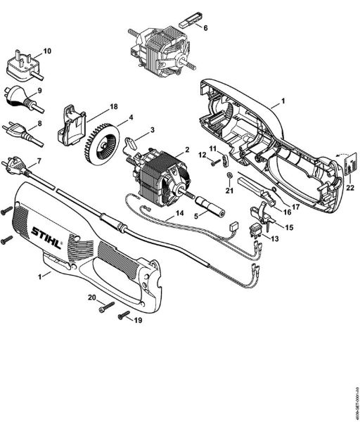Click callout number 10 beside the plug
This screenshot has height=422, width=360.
click(48, 51)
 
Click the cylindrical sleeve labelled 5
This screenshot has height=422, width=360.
click(210, 209)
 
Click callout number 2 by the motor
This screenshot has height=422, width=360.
click(188, 149)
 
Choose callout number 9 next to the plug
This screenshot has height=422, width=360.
click(39, 91)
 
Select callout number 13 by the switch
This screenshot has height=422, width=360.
click(275, 239)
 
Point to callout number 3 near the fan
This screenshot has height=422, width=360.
click(151, 130)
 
